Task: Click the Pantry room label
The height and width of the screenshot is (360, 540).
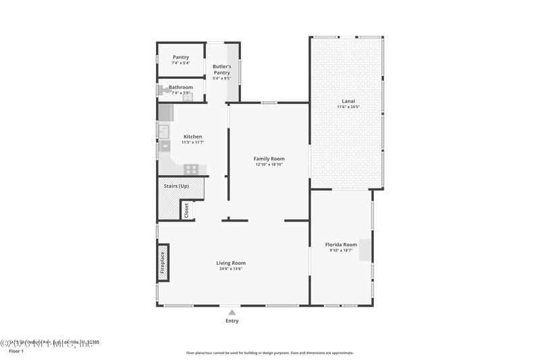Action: [x=181, y=57]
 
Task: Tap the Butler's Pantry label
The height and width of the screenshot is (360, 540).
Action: [x=222, y=69]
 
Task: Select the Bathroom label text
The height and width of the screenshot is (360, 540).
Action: [x=181, y=87]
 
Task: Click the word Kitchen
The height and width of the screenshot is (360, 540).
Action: [x=192, y=136]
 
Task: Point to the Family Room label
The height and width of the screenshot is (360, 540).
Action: [x=269, y=159]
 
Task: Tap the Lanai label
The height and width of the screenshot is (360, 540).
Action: [x=348, y=101]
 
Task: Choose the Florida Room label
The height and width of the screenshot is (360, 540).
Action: [x=341, y=245]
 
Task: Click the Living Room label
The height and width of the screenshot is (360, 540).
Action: [x=231, y=263]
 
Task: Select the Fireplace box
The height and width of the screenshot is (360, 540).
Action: [x=163, y=262]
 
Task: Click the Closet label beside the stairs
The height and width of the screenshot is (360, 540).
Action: [x=186, y=210]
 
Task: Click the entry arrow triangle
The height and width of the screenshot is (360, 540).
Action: [x=232, y=312]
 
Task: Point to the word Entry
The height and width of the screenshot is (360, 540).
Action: [x=232, y=321]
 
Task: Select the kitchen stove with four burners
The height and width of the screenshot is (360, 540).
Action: [x=192, y=169]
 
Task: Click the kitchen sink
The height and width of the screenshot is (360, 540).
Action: [x=163, y=130]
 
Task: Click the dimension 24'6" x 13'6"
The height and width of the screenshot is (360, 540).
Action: [x=231, y=269]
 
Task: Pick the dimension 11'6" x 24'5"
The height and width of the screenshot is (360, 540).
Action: [x=348, y=107]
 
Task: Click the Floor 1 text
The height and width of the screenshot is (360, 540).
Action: [x=16, y=351]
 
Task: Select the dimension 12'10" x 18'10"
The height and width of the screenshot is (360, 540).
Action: [x=269, y=164]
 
